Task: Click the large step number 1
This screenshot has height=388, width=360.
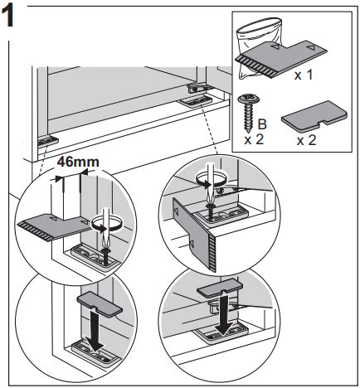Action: [x=7, y=17]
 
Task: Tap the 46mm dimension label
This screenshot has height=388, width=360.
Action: [x=78, y=162]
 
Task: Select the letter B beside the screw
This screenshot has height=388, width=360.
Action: [x=262, y=124]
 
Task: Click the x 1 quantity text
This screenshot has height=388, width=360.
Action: [x=304, y=75]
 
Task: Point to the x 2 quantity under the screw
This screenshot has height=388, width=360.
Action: [x=254, y=140]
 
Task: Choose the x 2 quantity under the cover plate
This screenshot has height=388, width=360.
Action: [x=306, y=140]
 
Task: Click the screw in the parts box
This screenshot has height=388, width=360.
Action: [x=246, y=112]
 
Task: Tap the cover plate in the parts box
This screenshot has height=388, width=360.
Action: [x=314, y=114]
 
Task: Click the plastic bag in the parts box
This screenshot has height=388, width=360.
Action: [x=259, y=47]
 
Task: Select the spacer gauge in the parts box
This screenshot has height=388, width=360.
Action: [x=280, y=58]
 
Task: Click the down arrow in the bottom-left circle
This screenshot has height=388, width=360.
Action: [x=94, y=329]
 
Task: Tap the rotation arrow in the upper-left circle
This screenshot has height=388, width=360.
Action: [x=106, y=224]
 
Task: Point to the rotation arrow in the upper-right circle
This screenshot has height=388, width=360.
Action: [x=211, y=179]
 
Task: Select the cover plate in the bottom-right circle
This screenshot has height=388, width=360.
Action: [x=220, y=288]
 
